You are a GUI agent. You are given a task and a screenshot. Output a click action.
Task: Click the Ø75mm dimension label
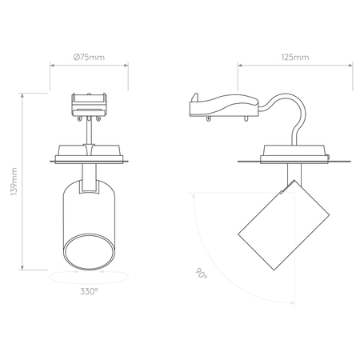pos(89,58)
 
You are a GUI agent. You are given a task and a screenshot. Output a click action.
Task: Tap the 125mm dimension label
pos(295,58)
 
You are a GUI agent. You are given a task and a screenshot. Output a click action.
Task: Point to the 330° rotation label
pos(90,291)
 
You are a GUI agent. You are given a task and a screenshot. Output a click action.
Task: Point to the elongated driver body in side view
pos(224,105)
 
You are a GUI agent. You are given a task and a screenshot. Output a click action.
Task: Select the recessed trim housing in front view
pos(90,153)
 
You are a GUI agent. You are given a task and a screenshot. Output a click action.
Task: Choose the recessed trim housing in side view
pos(295,154)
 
